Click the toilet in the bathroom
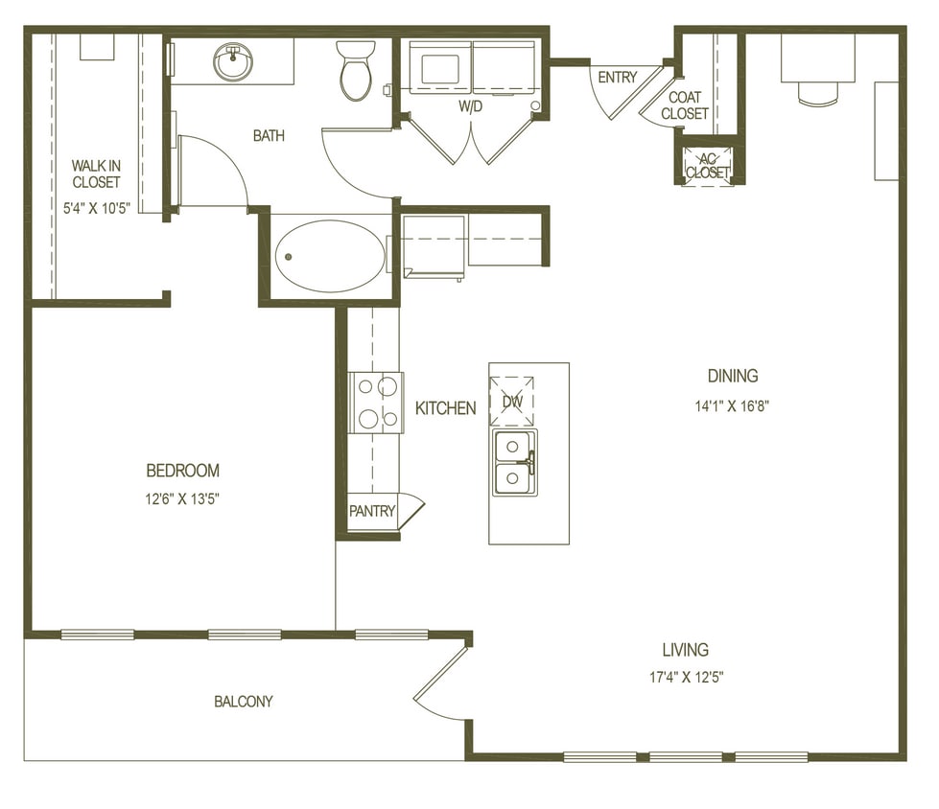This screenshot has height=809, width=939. pyautogui.click(x=356, y=72)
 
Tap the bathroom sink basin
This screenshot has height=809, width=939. pyautogui.click(x=231, y=63)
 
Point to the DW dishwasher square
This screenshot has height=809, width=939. pyautogui.click(x=512, y=401)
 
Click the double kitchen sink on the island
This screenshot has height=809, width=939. pyautogui.click(x=515, y=462)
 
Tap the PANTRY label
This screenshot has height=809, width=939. pyautogui.click(x=371, y=512)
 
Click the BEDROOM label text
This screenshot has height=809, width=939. pyautogui.click(x=182, y=471)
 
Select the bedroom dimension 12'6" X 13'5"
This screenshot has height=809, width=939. pyautogui.click(x=182, y=498)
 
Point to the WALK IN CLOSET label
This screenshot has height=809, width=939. pyautogui.click(x=96, y=173)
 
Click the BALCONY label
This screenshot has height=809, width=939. pyautogui.click(x=244, y=702)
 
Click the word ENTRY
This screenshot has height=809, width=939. pyautogui.click(x=617, y=78)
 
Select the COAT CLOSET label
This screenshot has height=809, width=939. pyautogui.click(x=685, y=104)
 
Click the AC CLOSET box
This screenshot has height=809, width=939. pyautogui.click(x=708, y=166)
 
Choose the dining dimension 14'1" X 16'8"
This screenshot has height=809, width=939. pyautogui.click(x=733, y=404)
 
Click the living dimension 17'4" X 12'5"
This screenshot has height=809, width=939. pyautogui.click(x=685, y=678)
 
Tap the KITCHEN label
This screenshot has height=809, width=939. pyautogui.click(x=445, y=408)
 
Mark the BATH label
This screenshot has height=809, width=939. pyautogui.click(x=269, y=136)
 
